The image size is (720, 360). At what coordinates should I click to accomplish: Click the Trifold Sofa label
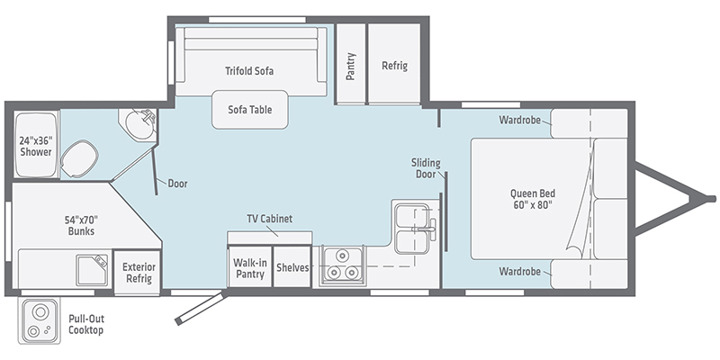(249, 71)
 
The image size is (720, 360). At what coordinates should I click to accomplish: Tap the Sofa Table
(250, 109)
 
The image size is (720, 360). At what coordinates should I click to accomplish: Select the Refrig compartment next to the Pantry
(394, 64)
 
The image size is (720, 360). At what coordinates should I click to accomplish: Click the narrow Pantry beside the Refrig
(351, 64)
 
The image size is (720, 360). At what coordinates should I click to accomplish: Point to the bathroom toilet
(79, 158)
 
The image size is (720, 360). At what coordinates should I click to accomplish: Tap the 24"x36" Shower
(36, 144)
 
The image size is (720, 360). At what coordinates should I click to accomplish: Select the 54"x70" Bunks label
(81, 225)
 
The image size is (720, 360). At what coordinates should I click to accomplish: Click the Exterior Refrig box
(137, 273)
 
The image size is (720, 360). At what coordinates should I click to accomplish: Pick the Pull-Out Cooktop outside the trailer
(40, 320)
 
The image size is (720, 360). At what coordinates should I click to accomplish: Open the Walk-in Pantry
(249, 267)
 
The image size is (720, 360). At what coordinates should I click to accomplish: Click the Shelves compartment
(292, 267)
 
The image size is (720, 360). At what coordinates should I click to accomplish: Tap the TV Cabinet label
(269, 219)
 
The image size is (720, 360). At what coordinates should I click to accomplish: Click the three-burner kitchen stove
(343, 265)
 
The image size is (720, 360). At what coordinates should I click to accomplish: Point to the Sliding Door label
(425, 168)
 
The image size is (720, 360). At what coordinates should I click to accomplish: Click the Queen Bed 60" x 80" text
(533, 199)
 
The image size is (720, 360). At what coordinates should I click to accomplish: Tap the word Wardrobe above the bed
(520, 121)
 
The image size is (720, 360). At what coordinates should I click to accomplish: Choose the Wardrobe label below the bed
(520, 272)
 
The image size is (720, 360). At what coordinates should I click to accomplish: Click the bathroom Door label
(177, 184)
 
